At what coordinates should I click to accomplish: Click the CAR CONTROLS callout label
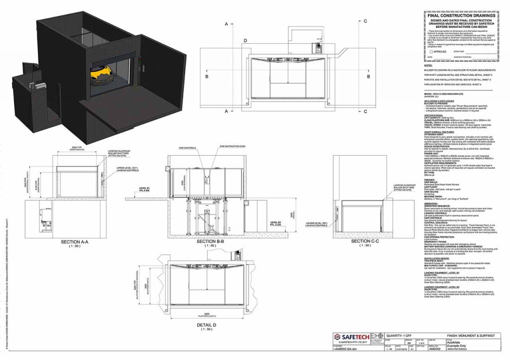[190, 148]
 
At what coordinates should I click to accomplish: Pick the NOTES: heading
[427, 65]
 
